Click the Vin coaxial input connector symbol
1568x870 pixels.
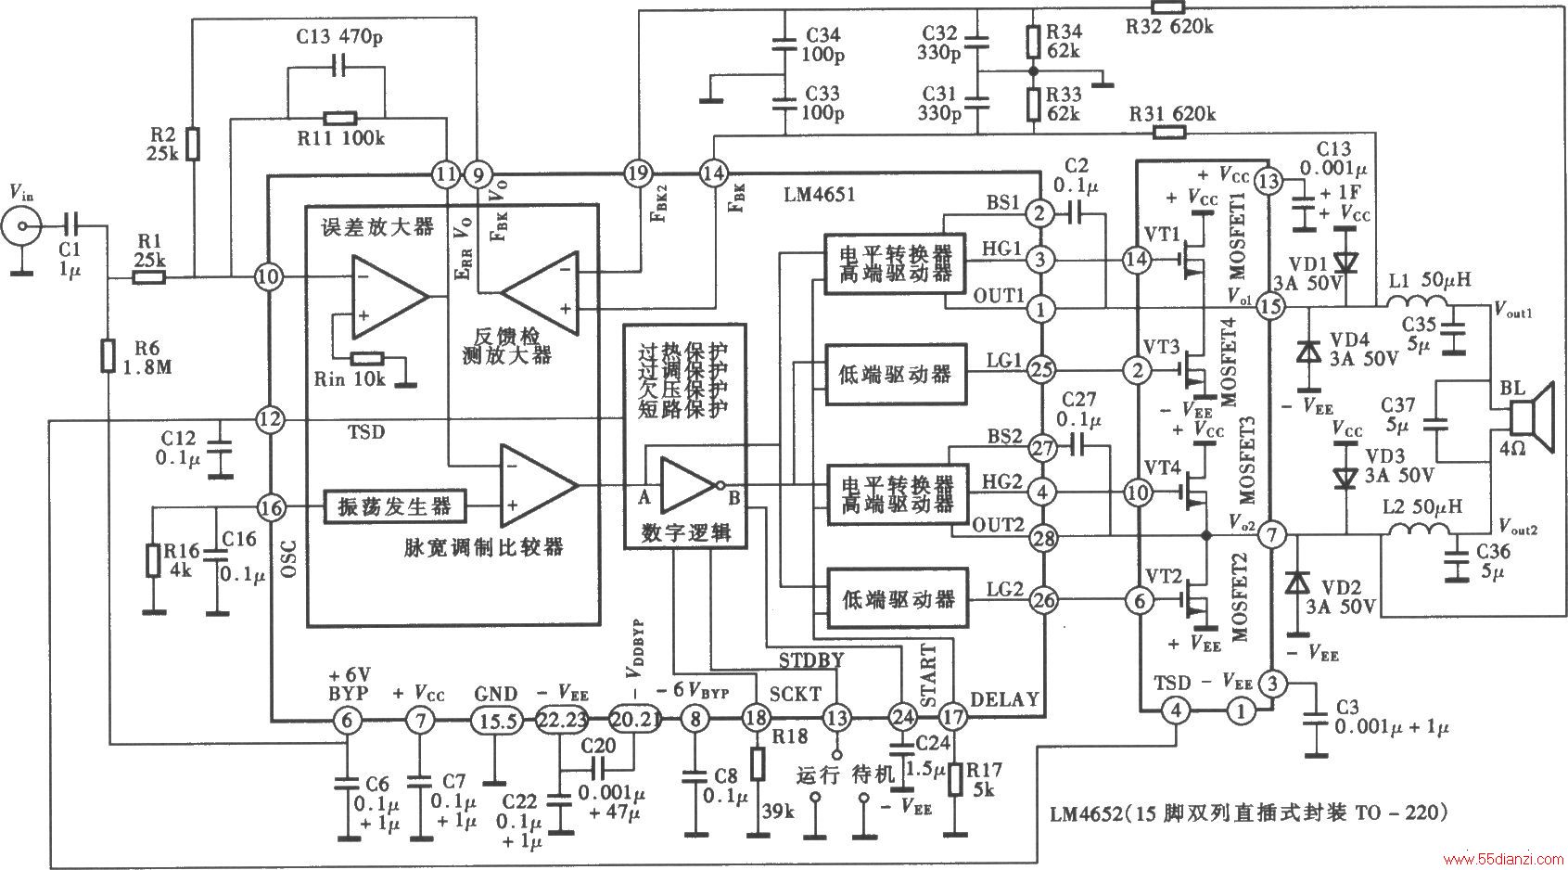(x=21, y=226)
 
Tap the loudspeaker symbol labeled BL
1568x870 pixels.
(x=1530, y=418)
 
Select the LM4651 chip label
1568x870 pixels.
(x=818, y=194)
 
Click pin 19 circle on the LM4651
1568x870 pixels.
(x=638, y=173)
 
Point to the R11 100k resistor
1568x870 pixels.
(x=340, y=119)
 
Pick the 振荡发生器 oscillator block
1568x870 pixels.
(x=395, y=506)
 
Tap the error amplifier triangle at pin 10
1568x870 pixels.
(x=389, y=295)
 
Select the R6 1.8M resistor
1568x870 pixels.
(x=108, y=355)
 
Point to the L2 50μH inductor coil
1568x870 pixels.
(x=1418, y=530)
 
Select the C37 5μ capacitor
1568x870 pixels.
(x=1436, y=424)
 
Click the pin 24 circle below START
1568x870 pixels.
(x=902, y=716)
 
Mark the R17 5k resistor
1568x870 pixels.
(x=953, y=780)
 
